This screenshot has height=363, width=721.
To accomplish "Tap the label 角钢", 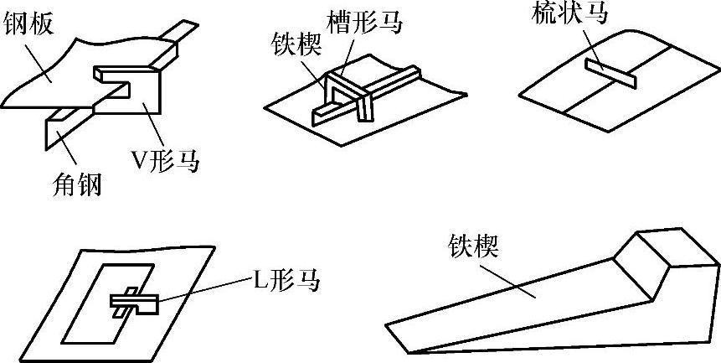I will coord(76,184).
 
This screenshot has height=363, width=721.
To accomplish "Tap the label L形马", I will coord(287,281).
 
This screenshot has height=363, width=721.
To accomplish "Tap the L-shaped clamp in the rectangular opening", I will coord(131,300).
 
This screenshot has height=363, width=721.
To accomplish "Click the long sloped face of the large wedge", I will coord(536,302).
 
